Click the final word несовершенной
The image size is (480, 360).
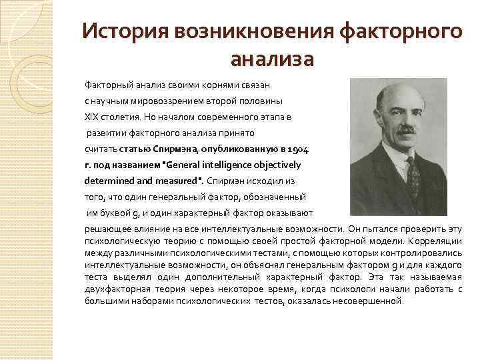pyautogui.click(x=371, y=301)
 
